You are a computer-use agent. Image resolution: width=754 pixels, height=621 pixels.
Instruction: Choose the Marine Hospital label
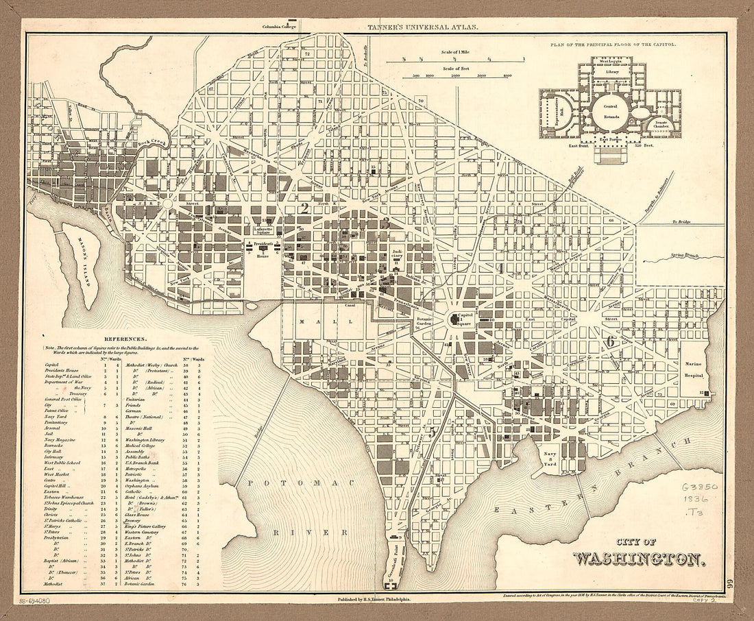click(x=698, y=369)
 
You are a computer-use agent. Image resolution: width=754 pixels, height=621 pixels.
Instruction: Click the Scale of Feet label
click(x=459, y=69)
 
